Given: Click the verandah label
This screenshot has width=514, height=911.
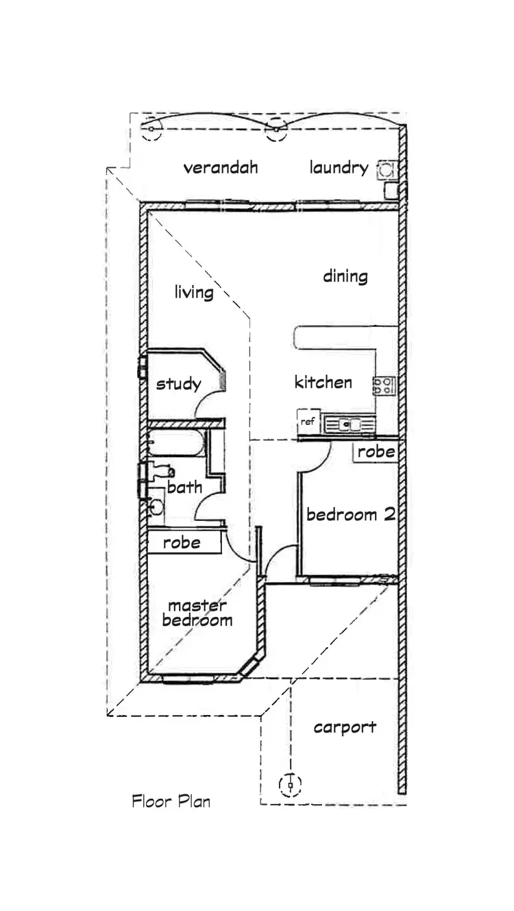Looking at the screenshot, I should (x=220, y=167).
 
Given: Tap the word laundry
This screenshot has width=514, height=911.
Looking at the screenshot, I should (x=339, y=168).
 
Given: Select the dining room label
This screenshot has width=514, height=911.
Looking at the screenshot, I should (x=345, y=276).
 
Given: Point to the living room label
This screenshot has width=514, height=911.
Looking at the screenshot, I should (x=193, y=293).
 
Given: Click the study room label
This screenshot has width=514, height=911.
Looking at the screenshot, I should (x=178, y=383).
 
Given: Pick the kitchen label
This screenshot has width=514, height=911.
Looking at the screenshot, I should (x=323, y=382).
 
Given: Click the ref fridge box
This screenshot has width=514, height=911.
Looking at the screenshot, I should (x=308, y=422).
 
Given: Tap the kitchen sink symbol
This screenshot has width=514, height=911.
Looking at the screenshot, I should (x=350, y=424).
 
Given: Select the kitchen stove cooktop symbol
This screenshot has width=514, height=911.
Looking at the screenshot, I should (x=384, y=385).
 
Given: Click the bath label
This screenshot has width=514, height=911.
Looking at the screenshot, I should (x=184, y=487).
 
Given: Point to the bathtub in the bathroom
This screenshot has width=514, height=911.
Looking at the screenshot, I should (x=174, y=444).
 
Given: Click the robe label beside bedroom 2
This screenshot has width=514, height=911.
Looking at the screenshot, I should (x=376, y=452).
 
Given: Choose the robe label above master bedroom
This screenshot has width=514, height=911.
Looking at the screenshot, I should (x=182, y=543).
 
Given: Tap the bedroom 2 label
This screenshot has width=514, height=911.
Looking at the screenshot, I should (x=350, y=515).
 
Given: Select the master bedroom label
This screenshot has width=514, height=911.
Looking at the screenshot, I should (x=198, y=614).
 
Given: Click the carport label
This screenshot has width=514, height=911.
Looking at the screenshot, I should (x=345, y=727).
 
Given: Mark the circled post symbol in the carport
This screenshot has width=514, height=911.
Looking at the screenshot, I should (x=291, y=784).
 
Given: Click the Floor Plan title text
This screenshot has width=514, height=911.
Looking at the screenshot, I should (x=171, y=801).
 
